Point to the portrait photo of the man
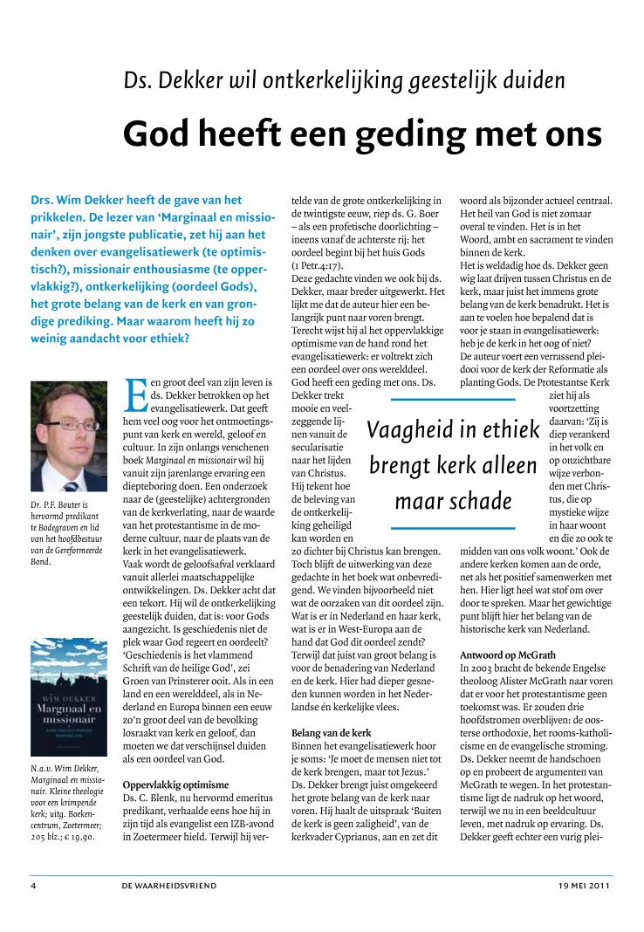[69, 435]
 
